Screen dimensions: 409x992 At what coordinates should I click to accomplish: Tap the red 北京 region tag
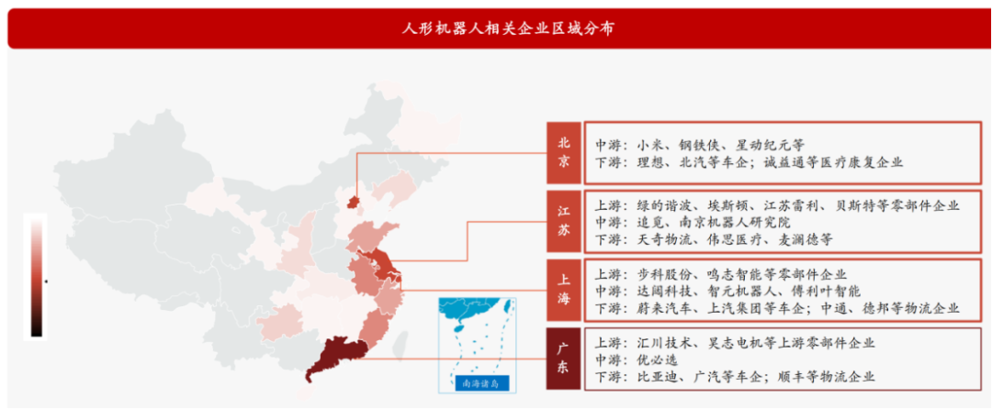[564, 152]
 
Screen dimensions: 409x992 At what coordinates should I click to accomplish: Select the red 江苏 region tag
[564, 222]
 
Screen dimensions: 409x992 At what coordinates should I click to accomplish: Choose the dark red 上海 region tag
[564, 290]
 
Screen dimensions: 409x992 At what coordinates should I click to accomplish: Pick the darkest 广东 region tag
[564, 359]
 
